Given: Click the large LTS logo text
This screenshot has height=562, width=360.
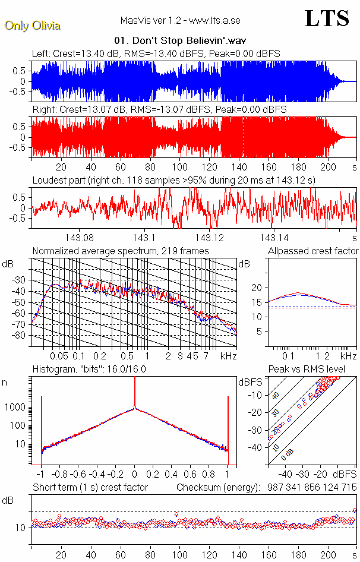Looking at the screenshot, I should click(x=327, y=19).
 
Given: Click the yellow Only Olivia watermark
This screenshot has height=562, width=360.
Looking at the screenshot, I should click(x=32, y=26).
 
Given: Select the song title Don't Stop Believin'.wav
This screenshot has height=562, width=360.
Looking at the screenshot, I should click(x=180, y=41).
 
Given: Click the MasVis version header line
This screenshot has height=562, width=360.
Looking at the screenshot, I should click(x=180, y=20).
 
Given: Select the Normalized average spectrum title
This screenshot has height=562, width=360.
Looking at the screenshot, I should click(x=121, y=251).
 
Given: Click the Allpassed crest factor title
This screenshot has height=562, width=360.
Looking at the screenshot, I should click(x=313, y=251).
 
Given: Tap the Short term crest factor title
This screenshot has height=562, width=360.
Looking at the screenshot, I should click(x=90, y=487).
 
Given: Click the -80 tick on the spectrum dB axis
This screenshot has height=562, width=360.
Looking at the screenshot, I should click(x=20, y=335).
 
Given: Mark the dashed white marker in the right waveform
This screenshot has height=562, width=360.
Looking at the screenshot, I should click(x=243, y=136).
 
